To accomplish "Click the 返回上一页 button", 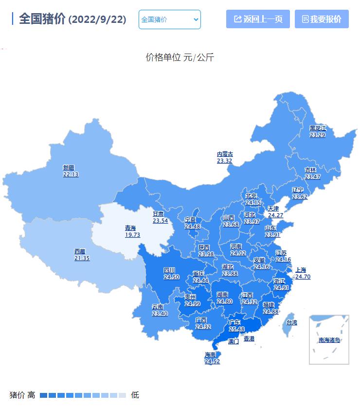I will click(258, 19).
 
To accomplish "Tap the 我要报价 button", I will click(322, 19).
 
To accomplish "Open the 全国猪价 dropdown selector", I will click(169, 19).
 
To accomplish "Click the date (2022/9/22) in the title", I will click(97, 20).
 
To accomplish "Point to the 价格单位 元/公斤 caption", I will click(180, 57).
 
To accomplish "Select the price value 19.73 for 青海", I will click(132, 235).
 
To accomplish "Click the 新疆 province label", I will click(69, 167).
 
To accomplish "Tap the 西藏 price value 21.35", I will click(82, 258).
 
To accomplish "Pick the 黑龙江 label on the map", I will click(318, 128).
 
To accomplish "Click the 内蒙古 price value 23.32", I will click(225, 161).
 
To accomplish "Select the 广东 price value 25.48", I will click(236, 329).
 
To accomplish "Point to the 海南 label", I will click(210, 355).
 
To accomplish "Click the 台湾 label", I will click(291, 322).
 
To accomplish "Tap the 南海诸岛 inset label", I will click(329, 340).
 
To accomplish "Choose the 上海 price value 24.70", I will click(303, 277).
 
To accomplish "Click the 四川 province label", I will click(169, 270).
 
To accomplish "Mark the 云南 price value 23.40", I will click(160, 314).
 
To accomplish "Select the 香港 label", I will click(249, 338).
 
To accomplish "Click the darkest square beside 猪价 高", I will click(44, 395).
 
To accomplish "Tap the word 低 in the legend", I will click(135, 395).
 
